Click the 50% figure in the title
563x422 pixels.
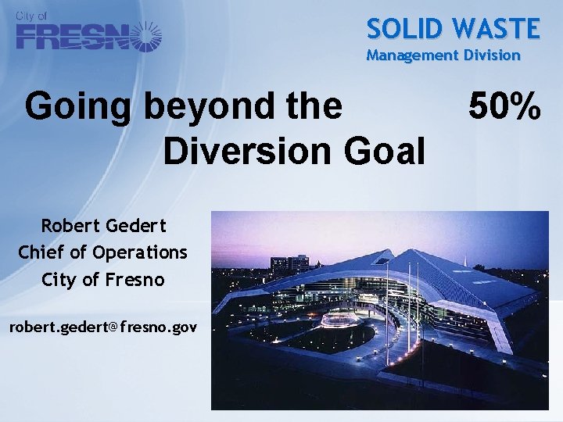504,107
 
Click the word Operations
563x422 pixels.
140,253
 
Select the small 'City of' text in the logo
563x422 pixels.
31,16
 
